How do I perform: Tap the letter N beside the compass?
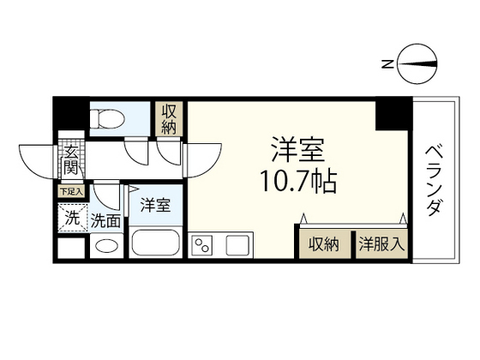(x=387, y=63)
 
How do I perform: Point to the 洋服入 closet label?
(x=381, y=243)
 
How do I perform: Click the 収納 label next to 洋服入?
(x=324, y=243)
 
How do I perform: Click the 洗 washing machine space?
(x=72, y=218)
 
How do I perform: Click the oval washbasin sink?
(x=107, y=247)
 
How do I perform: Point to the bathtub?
(x=156, y=243)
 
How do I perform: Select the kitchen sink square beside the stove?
(x=237, y=244)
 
